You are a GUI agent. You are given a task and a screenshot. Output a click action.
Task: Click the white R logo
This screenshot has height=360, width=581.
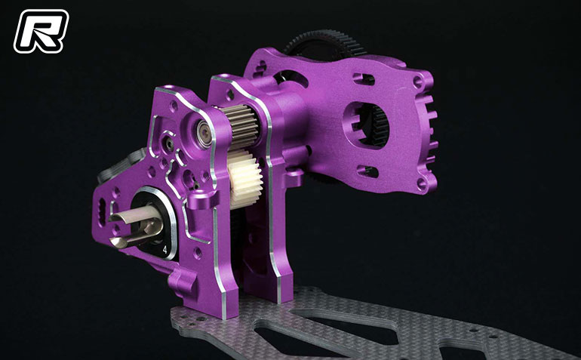pos(41,31)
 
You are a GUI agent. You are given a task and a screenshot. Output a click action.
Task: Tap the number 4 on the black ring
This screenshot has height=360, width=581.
pos(164,250)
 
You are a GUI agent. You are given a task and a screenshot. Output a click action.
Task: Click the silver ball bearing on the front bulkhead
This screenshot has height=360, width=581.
pos(204,134)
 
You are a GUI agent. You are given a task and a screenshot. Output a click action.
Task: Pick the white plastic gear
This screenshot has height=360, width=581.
pos(244,178)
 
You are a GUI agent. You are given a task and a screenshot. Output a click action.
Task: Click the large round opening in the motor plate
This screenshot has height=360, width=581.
pos(366,125)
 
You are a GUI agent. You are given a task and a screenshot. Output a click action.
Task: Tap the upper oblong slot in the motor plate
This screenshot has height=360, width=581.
pos(364,78)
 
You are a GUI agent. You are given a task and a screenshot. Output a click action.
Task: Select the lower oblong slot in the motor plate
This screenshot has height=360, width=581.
pos(367,171)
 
